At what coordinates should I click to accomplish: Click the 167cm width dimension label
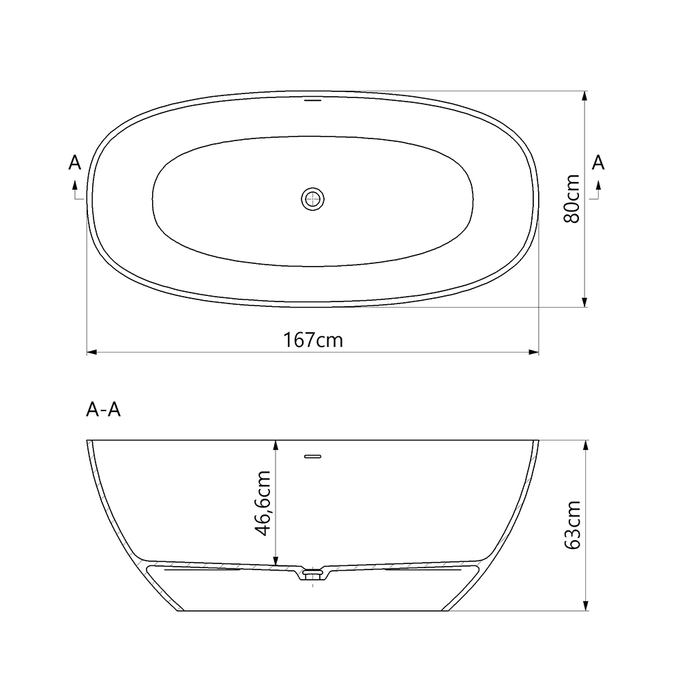313,340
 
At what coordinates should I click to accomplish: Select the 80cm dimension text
572,198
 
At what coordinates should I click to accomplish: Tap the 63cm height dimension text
572,525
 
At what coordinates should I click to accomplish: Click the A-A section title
104,410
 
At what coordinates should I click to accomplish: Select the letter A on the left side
75,162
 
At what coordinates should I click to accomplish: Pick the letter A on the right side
598,162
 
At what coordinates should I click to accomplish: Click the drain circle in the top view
313,198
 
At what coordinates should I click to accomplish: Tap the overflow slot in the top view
312,100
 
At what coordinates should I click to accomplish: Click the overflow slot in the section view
312,456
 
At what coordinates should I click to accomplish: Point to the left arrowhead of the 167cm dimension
91,353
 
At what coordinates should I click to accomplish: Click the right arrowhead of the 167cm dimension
534,353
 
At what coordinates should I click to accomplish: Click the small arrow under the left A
75,185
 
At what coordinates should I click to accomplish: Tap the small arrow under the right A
598,185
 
